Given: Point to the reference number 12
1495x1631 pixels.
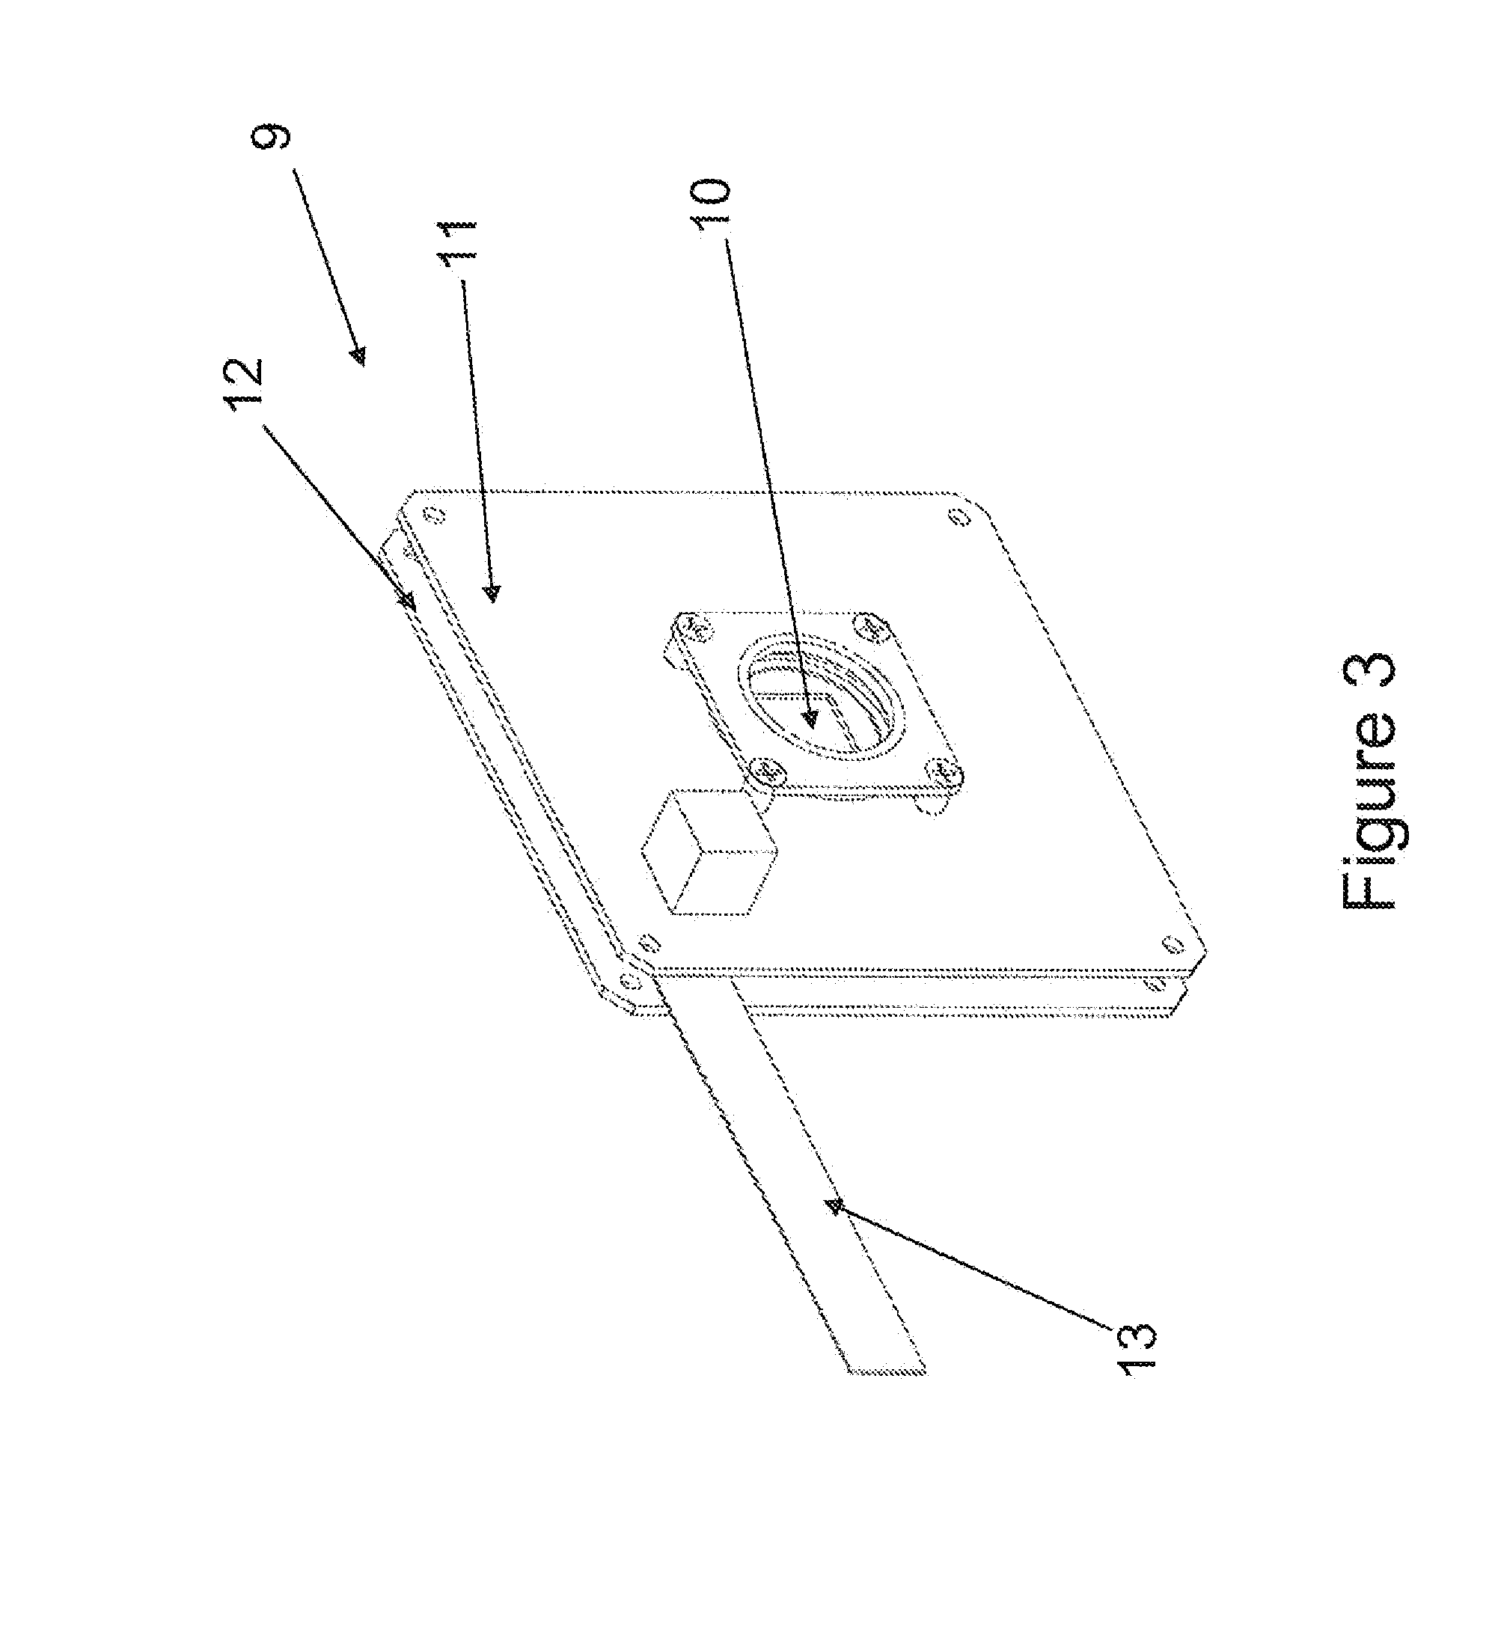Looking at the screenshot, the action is (x=246, y=384).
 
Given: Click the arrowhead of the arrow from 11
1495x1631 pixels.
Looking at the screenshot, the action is (x=492, y=595).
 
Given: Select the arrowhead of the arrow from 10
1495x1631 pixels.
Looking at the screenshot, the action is (x=810, y=717).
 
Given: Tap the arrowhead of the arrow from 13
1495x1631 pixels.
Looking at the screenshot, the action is (x=834, y=1230).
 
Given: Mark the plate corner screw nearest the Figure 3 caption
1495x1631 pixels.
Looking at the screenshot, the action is (x=1172, y=944).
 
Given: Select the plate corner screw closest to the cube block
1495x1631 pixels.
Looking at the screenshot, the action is (x=649, y=942).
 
